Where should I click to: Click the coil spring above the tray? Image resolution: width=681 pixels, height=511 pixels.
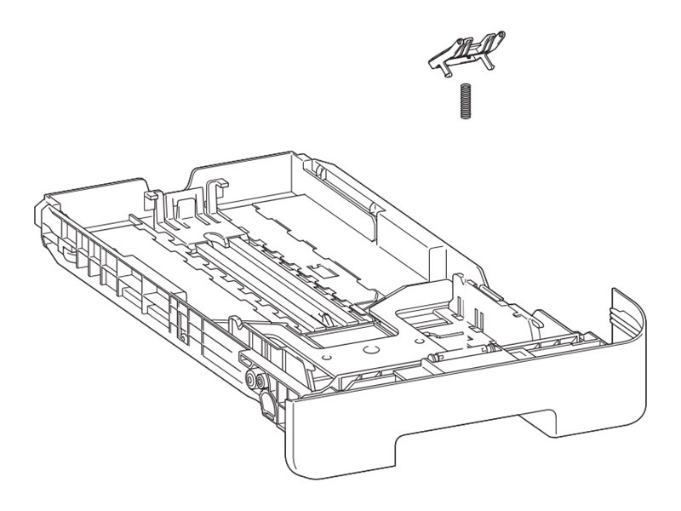[x=465, y=102]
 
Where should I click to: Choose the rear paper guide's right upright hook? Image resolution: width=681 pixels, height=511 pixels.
[x=213, y=189]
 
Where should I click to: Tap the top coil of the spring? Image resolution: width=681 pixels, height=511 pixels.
[x=465, y=87]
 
